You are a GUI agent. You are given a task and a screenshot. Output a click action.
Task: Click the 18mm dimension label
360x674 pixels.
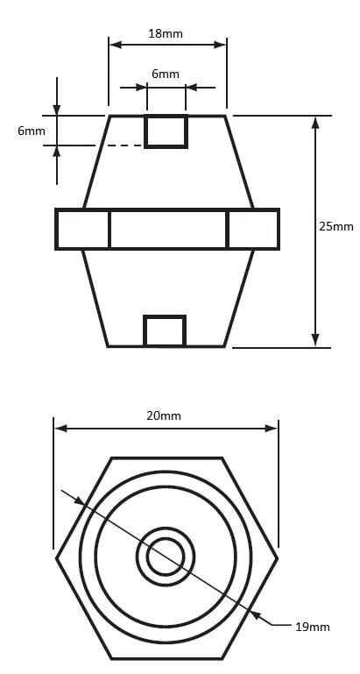(166, 34)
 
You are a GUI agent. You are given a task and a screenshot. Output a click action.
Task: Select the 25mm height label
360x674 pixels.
(336, 226)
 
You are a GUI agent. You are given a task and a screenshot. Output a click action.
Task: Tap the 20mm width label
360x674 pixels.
(164, 415)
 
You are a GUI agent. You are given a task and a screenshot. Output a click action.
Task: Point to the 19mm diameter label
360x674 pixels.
(313, 627)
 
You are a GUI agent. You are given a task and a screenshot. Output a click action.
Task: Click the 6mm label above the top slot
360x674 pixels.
(166, 74)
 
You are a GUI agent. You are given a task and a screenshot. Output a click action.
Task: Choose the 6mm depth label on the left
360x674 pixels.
(32, 131)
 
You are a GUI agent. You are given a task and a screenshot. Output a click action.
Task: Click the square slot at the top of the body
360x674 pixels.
(166, 131)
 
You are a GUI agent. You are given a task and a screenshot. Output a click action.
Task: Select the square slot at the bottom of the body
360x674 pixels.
(165, 330)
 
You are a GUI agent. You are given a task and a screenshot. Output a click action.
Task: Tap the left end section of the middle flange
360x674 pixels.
(82, 229)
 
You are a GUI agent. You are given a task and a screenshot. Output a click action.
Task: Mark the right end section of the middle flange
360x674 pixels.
(252, 229)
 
